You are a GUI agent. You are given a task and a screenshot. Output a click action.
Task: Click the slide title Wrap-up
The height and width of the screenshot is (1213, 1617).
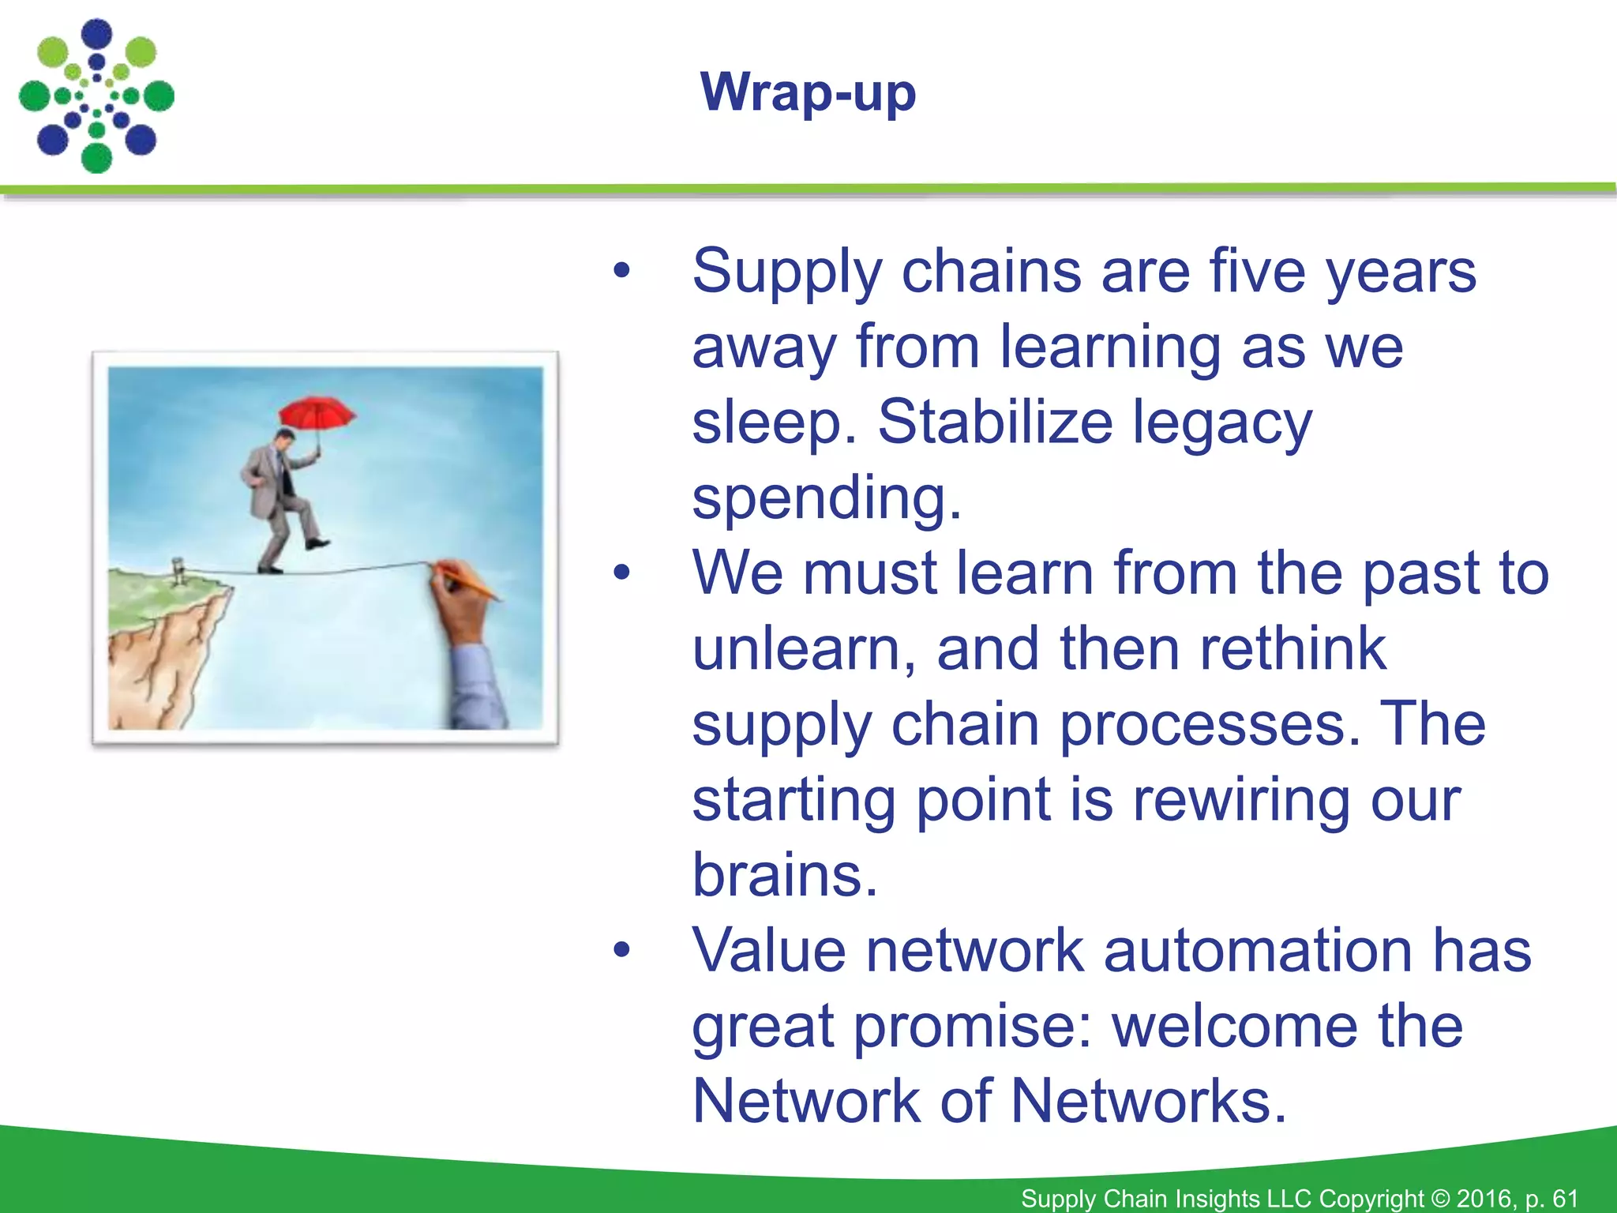pyautogui.click(x=808, y=93)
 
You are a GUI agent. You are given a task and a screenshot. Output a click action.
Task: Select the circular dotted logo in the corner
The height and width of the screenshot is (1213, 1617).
pyautogui.click(x=96, y=96)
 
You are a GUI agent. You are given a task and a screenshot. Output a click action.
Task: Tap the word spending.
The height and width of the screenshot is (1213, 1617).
pyautogui.click(x=827, y=498)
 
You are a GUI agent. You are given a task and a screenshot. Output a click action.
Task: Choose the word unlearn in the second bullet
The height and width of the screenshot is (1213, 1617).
pyautogui.click(x=804, y=648)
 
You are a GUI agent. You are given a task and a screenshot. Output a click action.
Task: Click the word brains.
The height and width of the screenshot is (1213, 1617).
pyautogui.click(x=785, y=875)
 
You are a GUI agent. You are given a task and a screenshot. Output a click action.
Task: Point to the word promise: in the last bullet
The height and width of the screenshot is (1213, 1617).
pyautogui.click(x=973, y=1026)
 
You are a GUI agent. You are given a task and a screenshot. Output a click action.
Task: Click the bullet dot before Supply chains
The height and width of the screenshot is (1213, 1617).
pyautogui.click(x=622, y=272)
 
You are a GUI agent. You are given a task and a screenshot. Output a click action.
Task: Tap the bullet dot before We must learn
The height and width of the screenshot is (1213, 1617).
pyautogui.click(x=622, y=573)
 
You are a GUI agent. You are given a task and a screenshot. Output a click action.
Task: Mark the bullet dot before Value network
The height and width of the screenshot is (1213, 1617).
pyautogui.click(x=622, y=951)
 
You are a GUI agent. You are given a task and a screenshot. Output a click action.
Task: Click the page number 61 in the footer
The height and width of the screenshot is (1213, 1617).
pyautogui.click(x=1565, y=1198)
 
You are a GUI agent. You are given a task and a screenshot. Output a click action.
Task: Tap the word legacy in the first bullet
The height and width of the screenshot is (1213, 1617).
pyautogui.click(x=1222, y=422)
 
